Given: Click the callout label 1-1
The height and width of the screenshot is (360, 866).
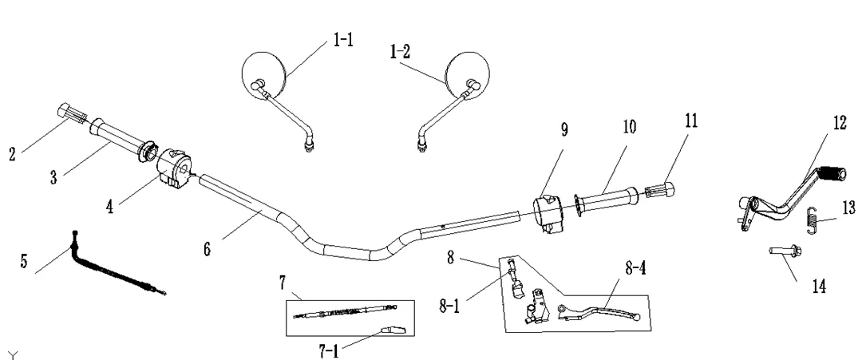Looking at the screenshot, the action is point(343,39).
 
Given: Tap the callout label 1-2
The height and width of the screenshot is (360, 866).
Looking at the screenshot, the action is point(400,52).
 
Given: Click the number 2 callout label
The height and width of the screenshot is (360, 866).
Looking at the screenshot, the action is point(12,154).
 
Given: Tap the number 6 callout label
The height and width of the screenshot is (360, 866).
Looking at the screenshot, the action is point(207,249).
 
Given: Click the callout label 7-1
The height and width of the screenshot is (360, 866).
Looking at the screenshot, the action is point(329,350).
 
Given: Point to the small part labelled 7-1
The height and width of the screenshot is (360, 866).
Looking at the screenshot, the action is point(392,330).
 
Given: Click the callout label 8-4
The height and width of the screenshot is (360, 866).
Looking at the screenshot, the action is point(635,268).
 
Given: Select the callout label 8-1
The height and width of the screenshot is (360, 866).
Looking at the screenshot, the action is point(449,306).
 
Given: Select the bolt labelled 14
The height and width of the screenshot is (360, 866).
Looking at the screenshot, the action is point(785,251).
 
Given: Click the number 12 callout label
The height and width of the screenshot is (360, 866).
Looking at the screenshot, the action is point(840,123).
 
